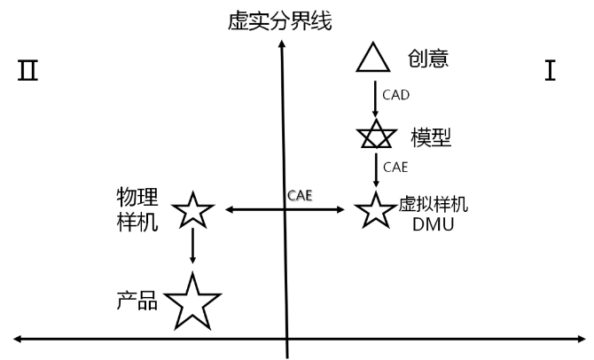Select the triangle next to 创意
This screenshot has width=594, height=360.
coord(373,58)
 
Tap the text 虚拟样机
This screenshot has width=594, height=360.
coord(434,204)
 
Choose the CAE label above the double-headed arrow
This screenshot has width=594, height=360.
coord(300,194)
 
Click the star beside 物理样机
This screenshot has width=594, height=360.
coord(192,211)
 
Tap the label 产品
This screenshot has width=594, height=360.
coord(137,301)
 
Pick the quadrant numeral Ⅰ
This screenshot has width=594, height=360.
coord(551,70)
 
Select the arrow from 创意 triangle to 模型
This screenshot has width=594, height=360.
coord(374,98)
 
